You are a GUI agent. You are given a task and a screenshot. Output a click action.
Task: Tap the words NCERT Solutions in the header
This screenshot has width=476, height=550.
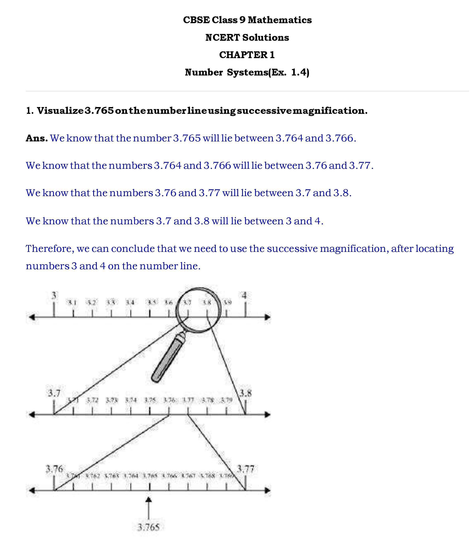[x=247, y=38]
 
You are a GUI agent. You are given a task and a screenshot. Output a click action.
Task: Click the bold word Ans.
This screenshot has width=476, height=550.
[x=37, y=138]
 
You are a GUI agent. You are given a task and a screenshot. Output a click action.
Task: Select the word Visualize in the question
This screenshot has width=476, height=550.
[x=60, y=111]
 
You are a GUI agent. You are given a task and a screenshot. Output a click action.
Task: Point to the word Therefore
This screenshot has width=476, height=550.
[x=49, y=249]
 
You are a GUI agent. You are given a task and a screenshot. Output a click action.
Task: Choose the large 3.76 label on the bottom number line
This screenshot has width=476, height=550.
[x=54, y=469]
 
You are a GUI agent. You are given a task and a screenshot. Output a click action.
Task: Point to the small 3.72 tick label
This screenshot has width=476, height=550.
[x=92, y=400]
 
